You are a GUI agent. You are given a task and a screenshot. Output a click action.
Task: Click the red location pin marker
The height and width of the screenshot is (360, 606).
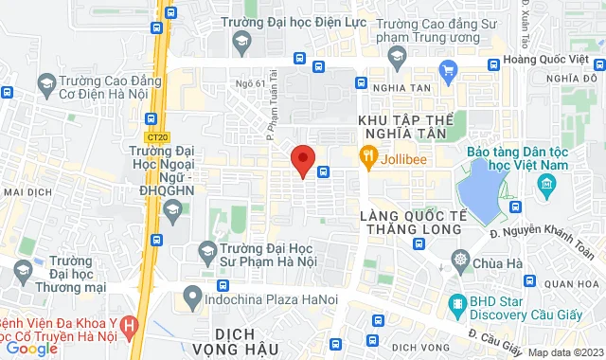pyautogui.click(x=302, y=160)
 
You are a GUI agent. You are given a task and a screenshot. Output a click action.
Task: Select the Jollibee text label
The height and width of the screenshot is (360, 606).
pyautogui.click(x=402, y=156)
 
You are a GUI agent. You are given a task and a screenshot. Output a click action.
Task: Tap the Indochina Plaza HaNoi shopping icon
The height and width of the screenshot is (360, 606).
pyautogui.click(x=192, y=294)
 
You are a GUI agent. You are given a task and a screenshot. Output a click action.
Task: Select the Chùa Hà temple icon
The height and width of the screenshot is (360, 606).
pyautogui.click(x=460, y=260)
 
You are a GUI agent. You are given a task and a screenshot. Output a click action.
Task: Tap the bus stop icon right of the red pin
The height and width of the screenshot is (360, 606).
pyautogui.click(x=324, y=171)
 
